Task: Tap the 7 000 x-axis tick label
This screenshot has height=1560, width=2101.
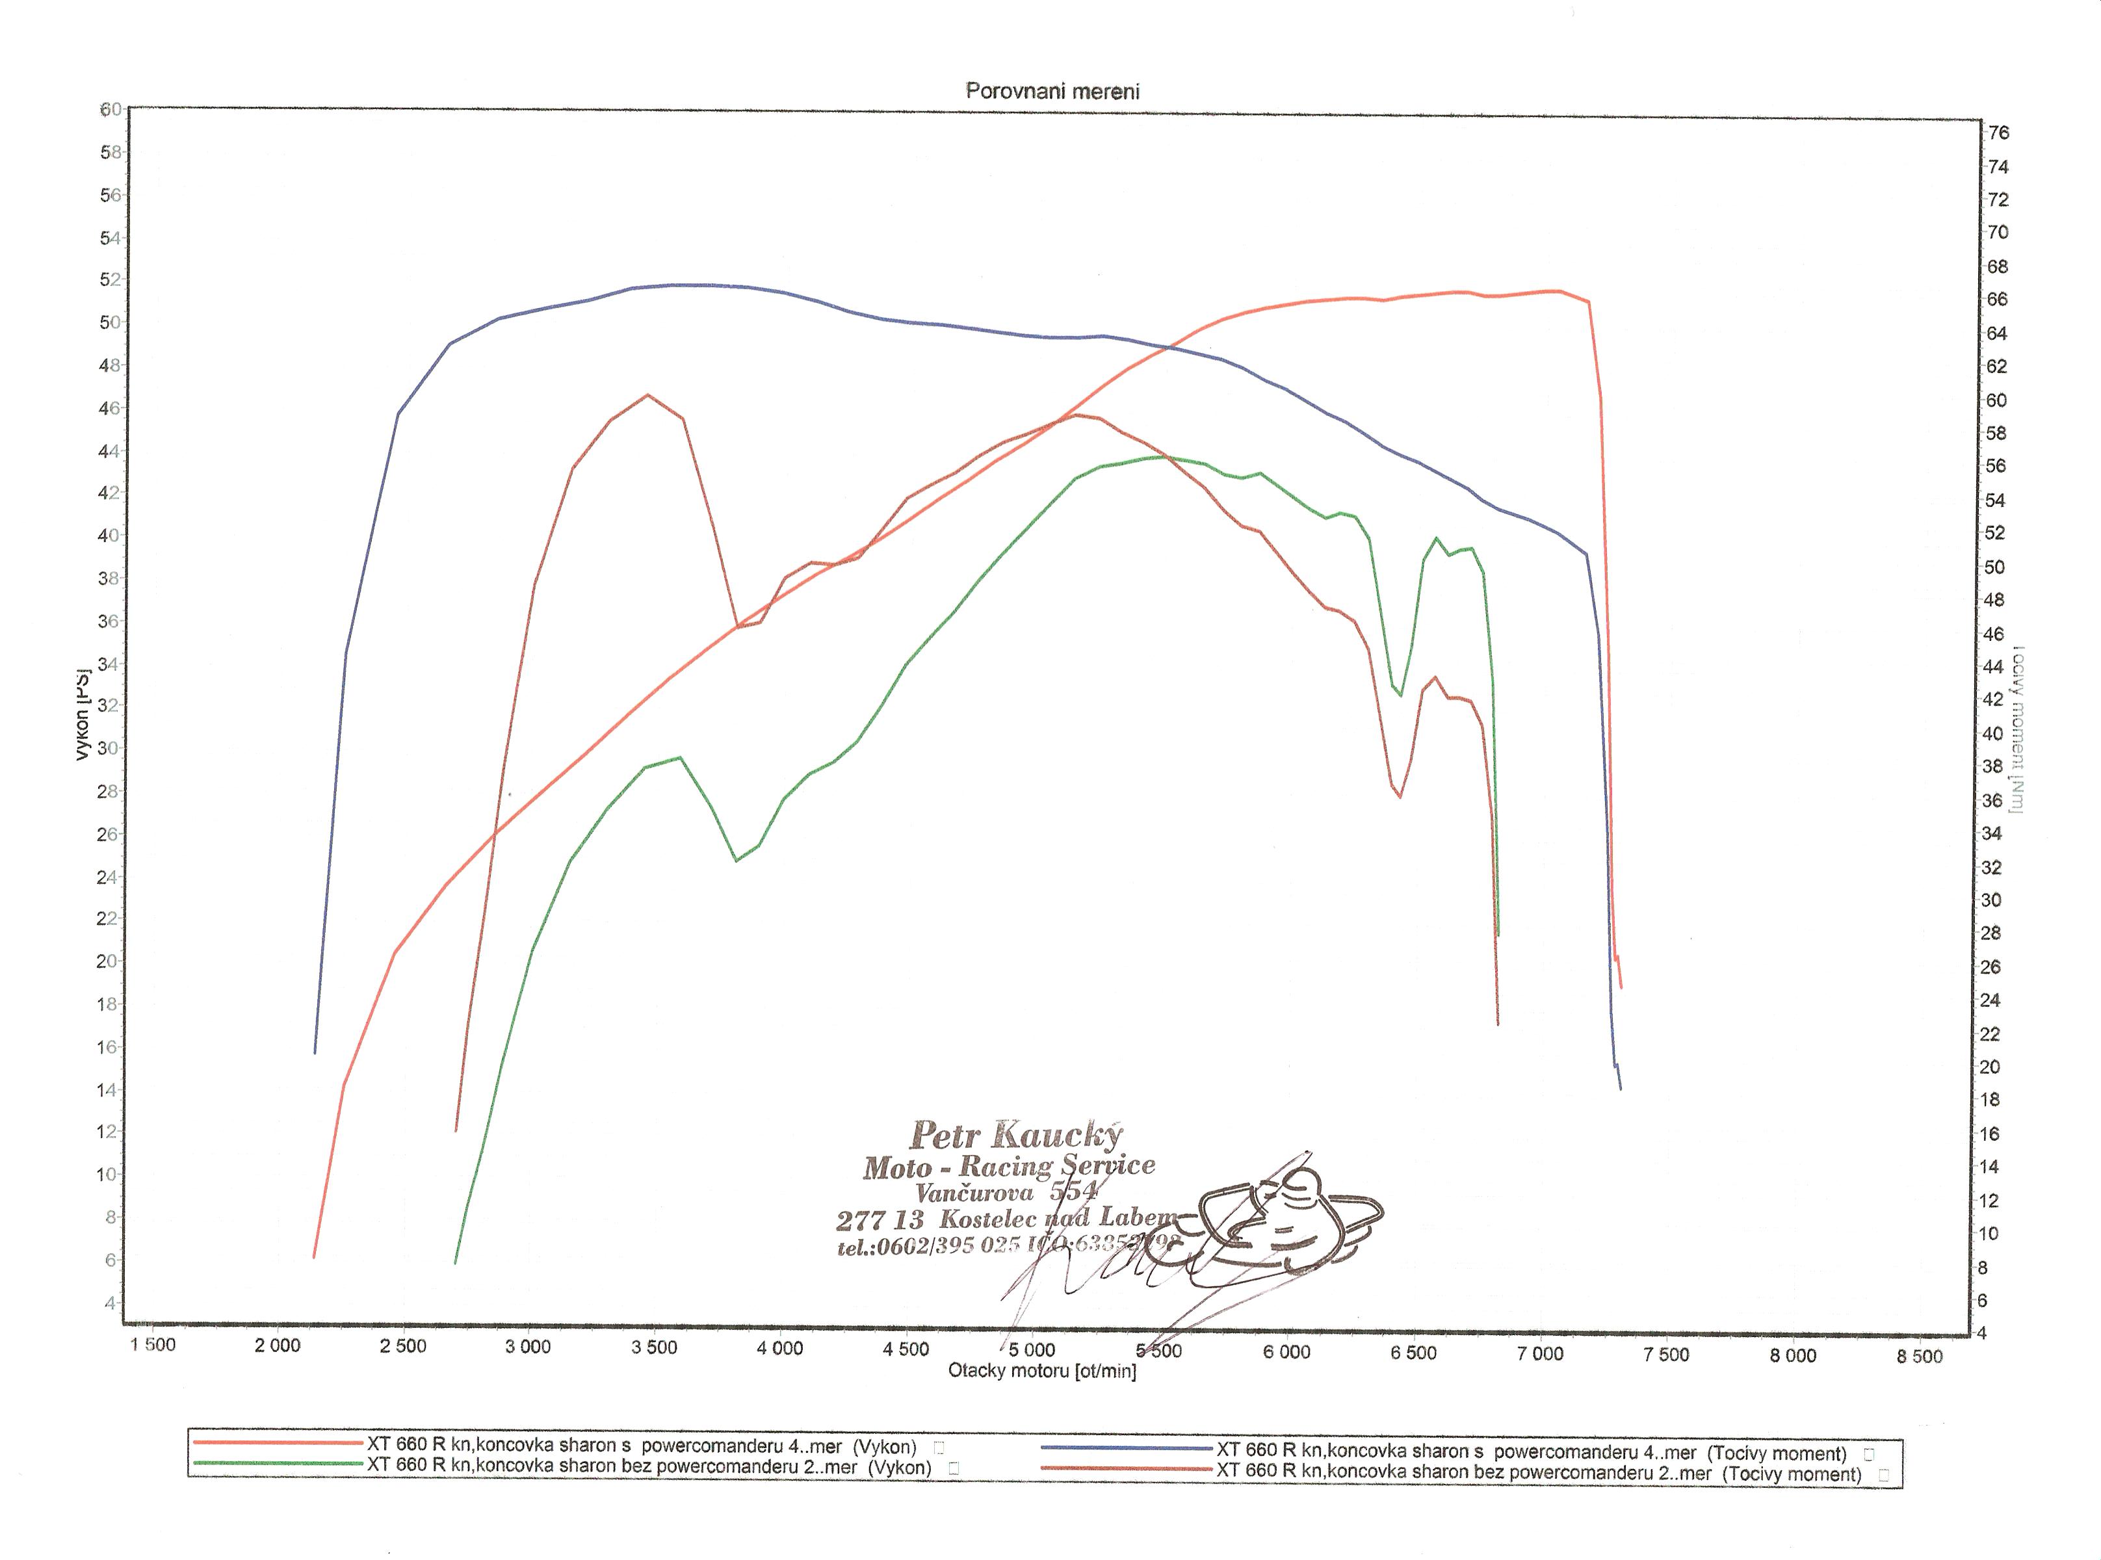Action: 1540,1353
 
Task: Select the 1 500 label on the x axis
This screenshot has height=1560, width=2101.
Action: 152,1345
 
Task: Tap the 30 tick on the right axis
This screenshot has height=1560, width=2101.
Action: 1990,900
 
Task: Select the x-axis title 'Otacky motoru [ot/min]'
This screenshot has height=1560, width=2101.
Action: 1041,1370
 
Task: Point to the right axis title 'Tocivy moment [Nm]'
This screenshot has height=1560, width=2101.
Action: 2017,728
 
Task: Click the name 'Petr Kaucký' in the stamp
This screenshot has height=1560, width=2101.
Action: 1015,1134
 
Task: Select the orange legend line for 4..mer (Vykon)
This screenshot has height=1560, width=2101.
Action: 280,1443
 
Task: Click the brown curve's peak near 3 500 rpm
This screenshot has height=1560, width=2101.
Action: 647,396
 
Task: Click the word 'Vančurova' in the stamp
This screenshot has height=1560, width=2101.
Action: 974,1193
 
